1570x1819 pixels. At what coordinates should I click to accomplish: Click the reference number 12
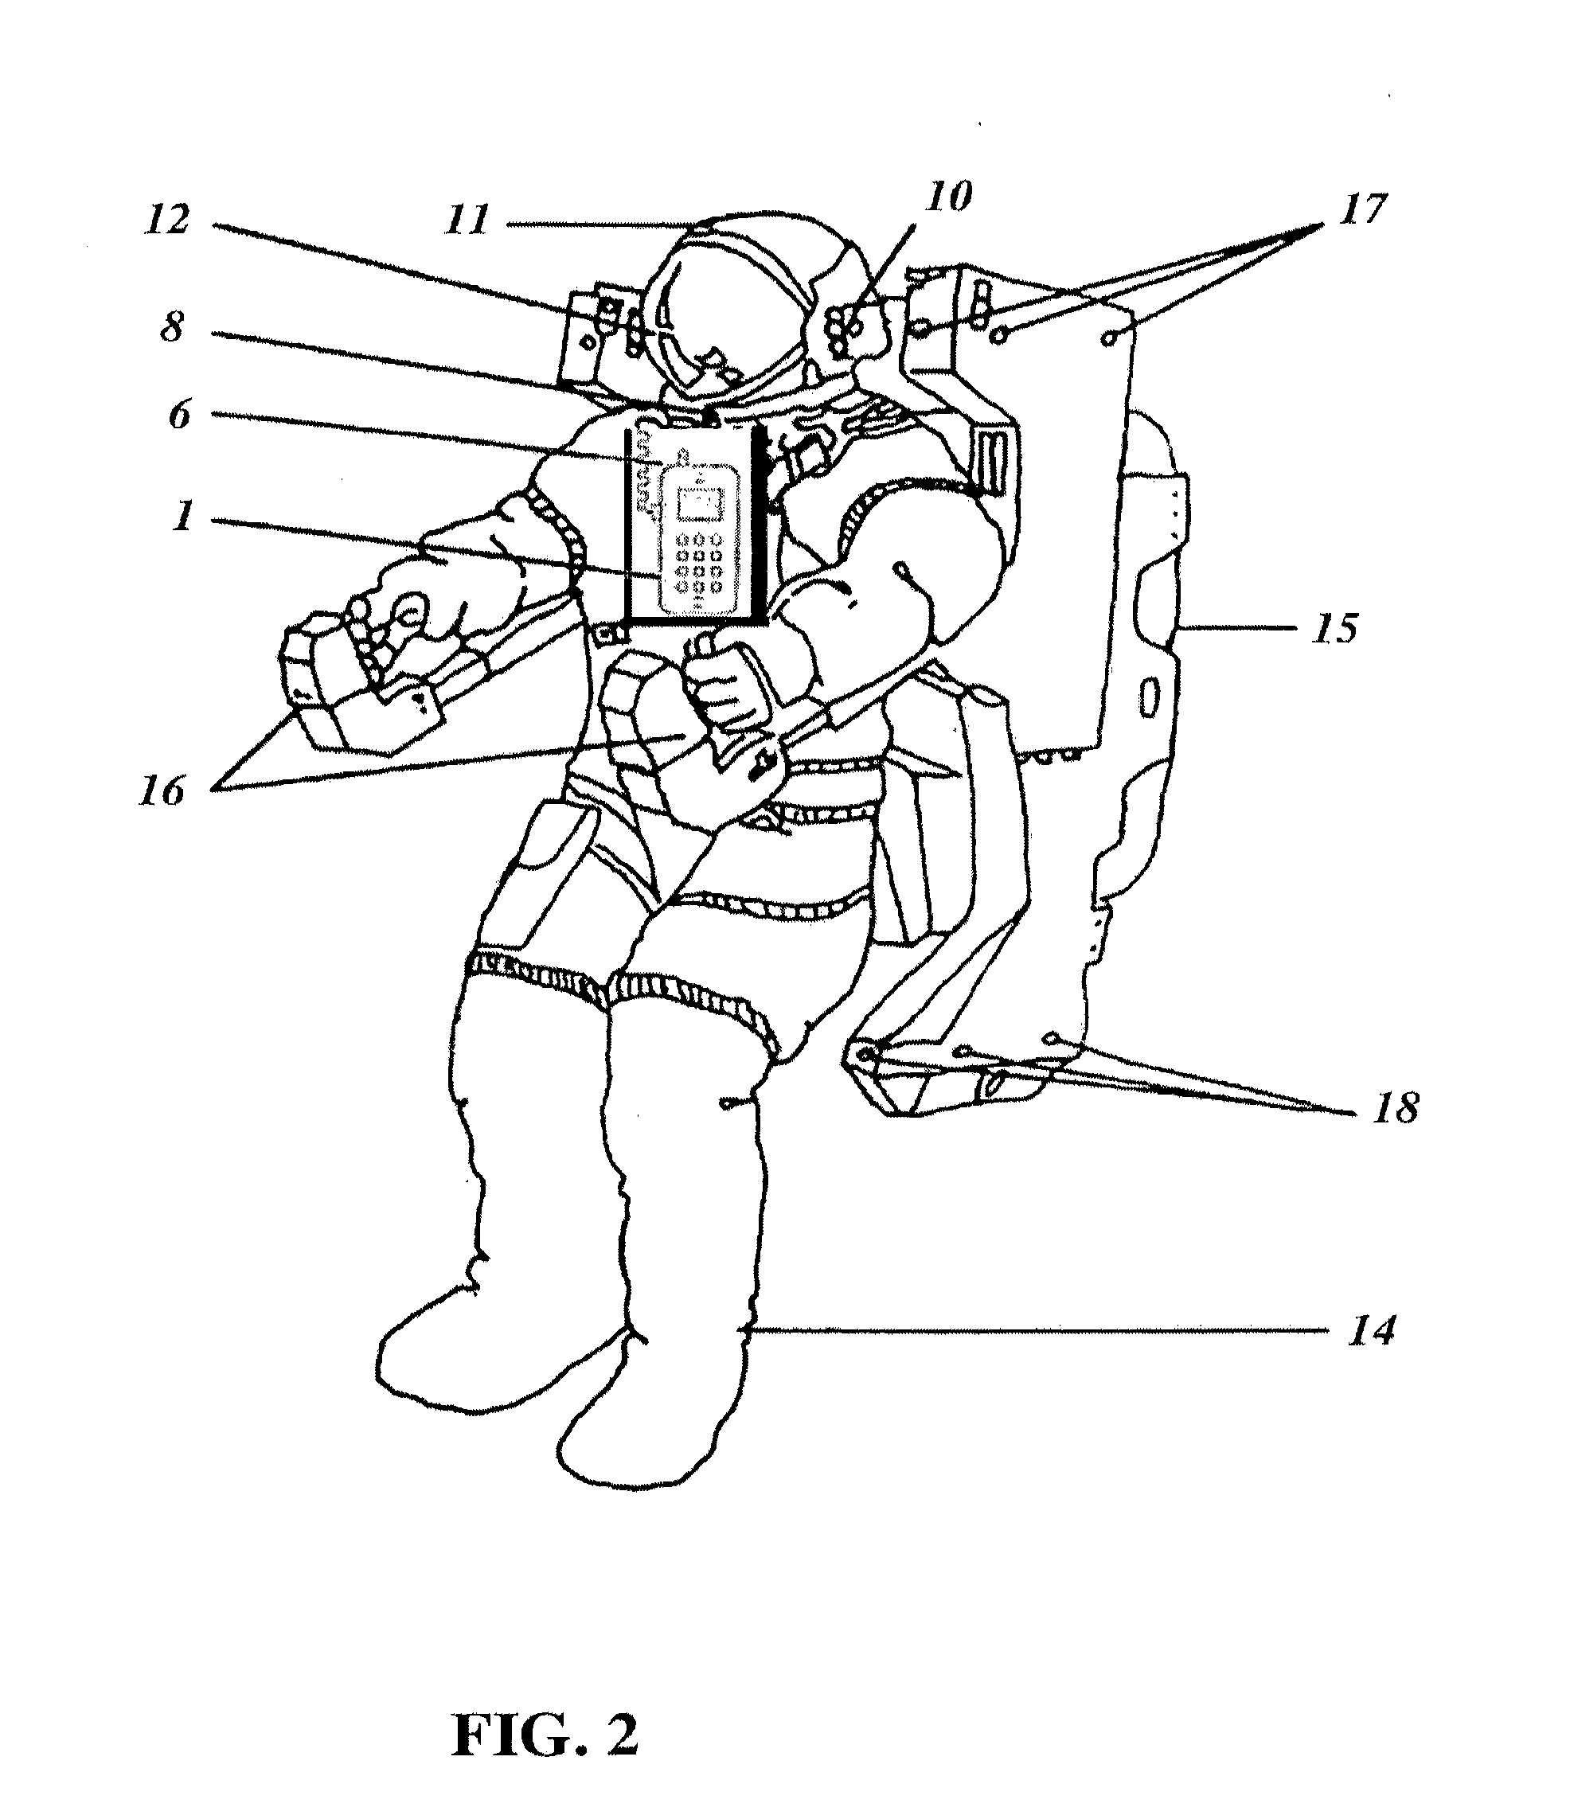168,220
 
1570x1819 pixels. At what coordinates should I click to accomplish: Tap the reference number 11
466,220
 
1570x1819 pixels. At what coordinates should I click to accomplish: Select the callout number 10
949,197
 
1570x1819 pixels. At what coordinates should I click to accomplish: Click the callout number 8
173,327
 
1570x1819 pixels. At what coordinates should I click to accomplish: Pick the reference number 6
179,415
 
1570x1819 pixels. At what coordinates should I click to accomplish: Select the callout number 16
162,791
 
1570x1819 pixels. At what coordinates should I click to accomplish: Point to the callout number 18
1396,1110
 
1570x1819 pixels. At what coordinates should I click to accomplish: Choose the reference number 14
1371,1331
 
